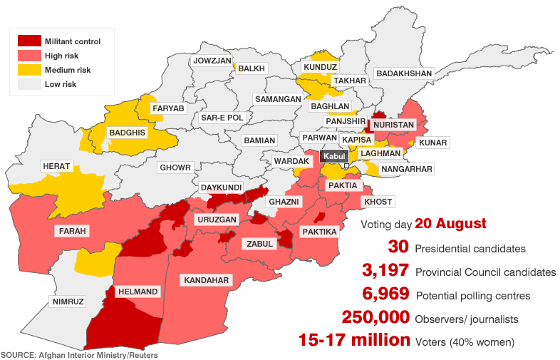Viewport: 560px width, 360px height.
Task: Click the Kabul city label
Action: (333, 156)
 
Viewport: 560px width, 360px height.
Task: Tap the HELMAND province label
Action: (137, 292)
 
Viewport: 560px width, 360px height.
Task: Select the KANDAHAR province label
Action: (207, 280)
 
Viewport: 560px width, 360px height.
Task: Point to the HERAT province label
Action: (56, 166)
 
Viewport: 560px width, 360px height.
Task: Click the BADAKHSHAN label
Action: (404, 73)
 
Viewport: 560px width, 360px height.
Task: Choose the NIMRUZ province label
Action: (68, 302)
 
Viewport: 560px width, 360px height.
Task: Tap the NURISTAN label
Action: (393, 125)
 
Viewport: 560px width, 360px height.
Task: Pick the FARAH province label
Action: (72, 231)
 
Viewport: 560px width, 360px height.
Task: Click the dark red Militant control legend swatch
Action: (28, 41)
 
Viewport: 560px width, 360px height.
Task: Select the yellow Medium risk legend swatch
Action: (28, 70)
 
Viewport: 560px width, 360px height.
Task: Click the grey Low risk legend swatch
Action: (28, 84)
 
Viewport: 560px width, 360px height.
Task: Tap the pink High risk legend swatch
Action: (28, 56)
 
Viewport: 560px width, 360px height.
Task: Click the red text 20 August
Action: (450, 224)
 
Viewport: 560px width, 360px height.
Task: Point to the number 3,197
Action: (385, 271)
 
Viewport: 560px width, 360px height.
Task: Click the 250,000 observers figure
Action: (375, 317)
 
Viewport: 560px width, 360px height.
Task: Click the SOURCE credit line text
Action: (79, 354)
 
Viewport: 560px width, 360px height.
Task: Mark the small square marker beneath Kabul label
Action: (346, 166)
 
